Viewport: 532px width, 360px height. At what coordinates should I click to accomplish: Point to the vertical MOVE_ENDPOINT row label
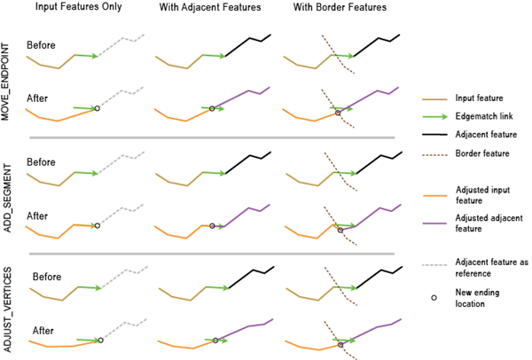pyautogui.click(x=8, y=78)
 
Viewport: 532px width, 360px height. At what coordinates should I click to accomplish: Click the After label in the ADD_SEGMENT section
pyautogui.click(x=37, y=215)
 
